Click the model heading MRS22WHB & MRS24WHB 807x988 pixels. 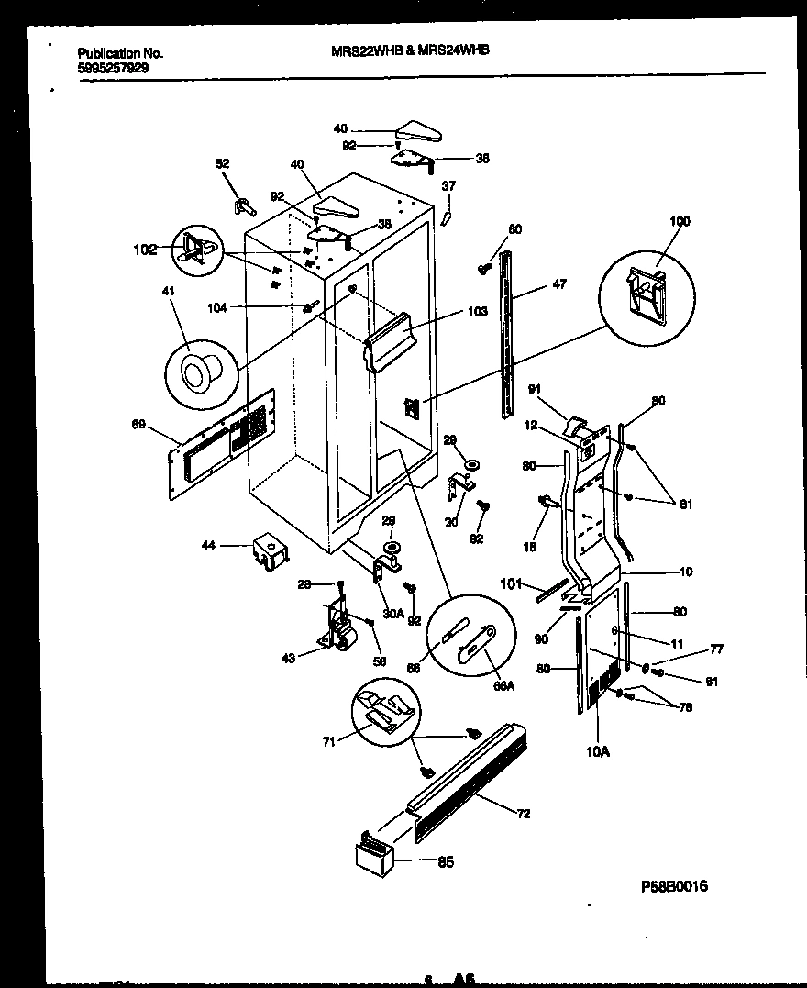(x=409, y=51)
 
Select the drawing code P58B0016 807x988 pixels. (x=674, y=887)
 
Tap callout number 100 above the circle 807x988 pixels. (x=680, y=221)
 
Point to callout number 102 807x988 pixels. (x=145, y=249)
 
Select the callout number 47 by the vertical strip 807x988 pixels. (x=559, y=284)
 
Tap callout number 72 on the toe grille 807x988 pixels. (x=524, y=814)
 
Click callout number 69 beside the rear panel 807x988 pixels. (x=138, y=423)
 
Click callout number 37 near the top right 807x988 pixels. (x=448, y=185)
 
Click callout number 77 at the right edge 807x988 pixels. (x=717, y=649)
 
